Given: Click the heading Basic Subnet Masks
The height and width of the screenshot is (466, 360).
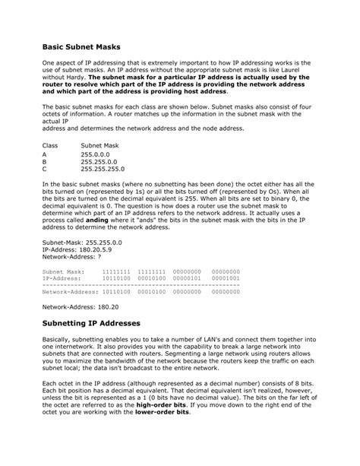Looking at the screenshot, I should pyautogui.click(x=81, y=47).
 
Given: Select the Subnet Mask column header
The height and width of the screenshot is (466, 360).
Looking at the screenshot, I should pyautogui.click(x=100, y=143).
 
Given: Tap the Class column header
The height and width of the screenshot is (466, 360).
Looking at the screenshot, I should pyautogui.click(x=50, y=143).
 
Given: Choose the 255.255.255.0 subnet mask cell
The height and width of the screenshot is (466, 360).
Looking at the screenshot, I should pyautogui.click(x=103, y=169).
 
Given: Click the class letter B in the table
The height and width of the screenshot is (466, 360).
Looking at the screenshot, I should pyautogui.click(x=45, y=162).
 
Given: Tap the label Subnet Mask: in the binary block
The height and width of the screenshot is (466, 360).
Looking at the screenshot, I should pyautogui.click(x=64, y=271).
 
